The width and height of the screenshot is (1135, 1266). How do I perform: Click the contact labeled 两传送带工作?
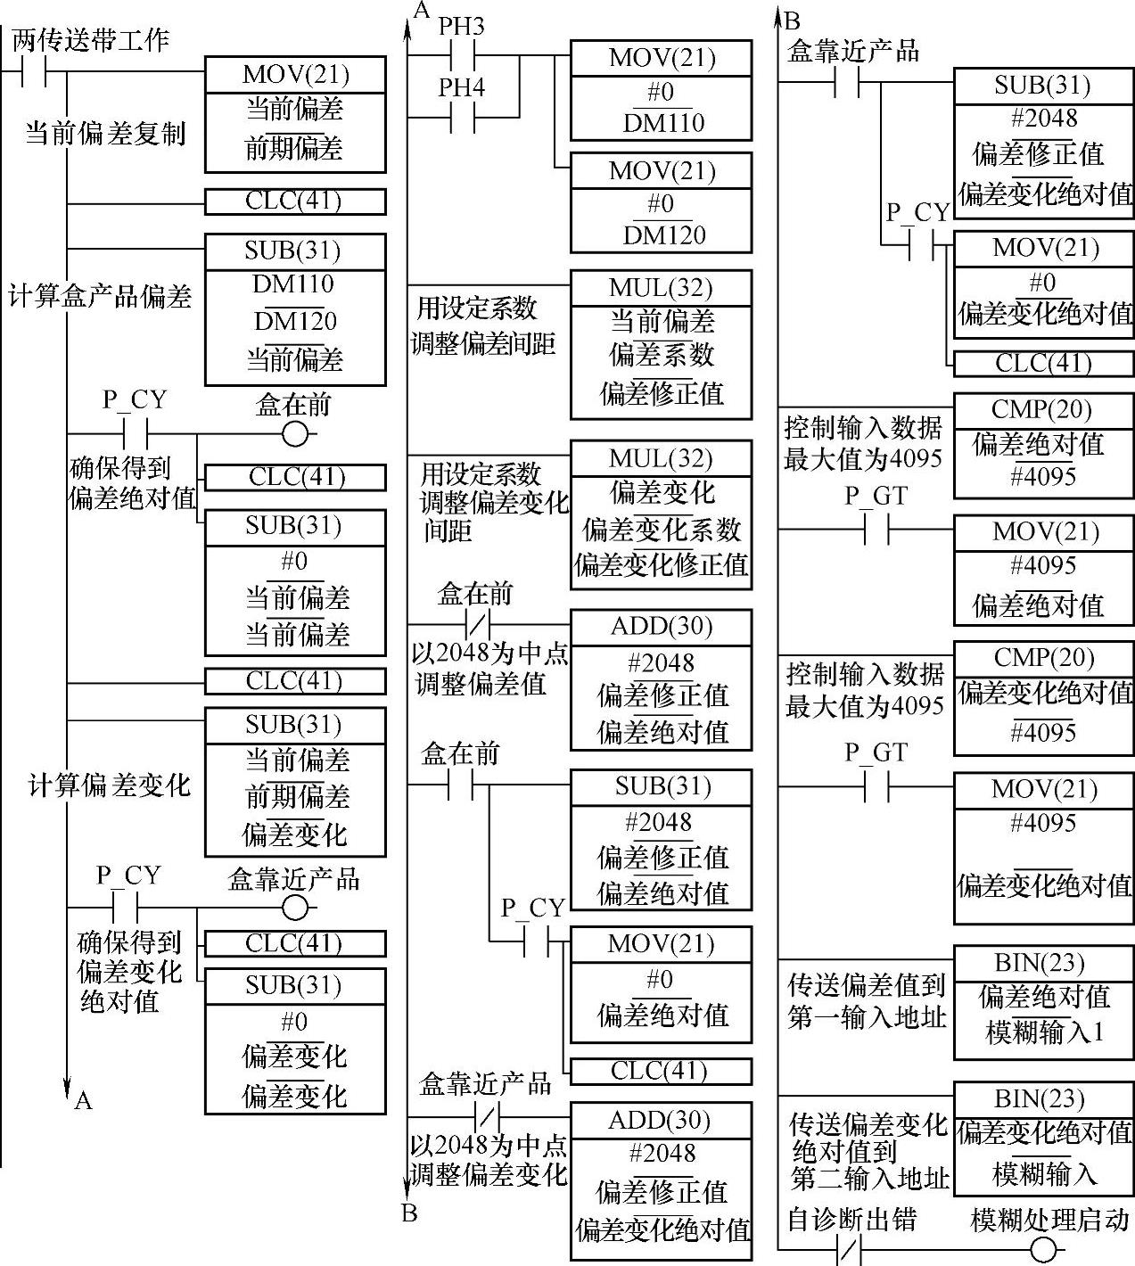[34, 71]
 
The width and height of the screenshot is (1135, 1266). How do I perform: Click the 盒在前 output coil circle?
[294, 434]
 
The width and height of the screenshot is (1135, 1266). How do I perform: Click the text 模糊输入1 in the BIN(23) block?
[1044, 1033]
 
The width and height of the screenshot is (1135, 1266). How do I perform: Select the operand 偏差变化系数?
[661, 530]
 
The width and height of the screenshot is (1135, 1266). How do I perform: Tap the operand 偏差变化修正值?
[661, 565]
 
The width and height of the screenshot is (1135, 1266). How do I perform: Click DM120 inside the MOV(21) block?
[661, 236]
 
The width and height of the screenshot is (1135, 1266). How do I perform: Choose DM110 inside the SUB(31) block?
[294, 284]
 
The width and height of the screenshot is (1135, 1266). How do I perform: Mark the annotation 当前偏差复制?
[104, 135]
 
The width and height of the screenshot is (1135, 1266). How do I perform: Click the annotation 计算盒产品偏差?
[100, 296]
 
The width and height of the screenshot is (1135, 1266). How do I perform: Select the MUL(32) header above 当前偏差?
[661, 289]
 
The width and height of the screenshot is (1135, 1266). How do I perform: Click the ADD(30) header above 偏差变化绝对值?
[661, 1121]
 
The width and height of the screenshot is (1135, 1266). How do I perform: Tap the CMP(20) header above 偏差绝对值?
[1042, 409]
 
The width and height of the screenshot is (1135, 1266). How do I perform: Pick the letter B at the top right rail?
[792, 21]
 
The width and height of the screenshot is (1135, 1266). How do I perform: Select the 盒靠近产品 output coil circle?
[294, 908]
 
